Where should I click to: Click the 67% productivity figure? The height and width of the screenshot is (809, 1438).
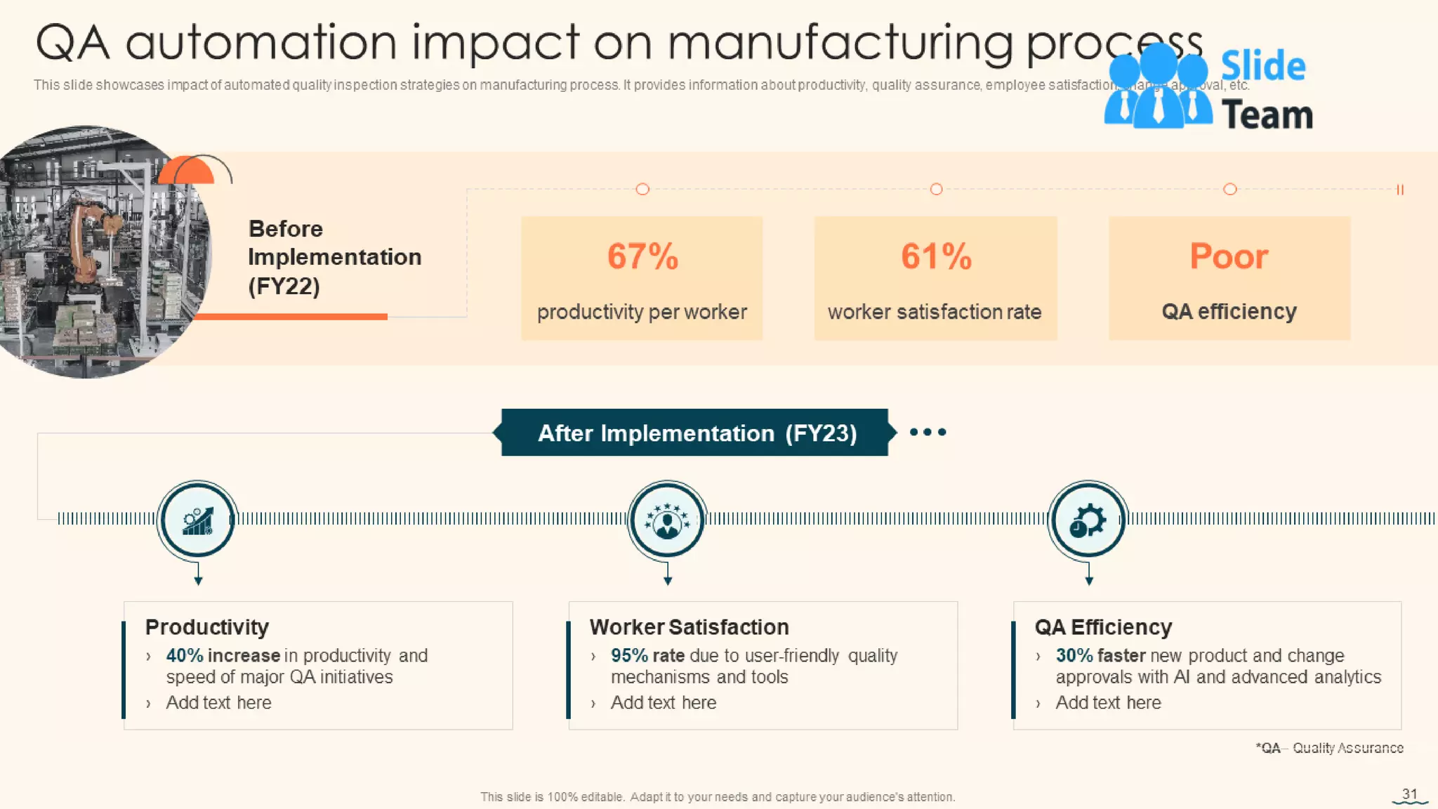642,256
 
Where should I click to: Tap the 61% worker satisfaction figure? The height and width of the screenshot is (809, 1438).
936,256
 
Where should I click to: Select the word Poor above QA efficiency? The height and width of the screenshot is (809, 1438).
1229,256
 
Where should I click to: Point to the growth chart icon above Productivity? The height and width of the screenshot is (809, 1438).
197,520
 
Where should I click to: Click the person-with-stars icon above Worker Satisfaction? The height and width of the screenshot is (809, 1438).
667,520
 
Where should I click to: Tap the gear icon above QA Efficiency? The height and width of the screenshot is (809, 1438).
1088,520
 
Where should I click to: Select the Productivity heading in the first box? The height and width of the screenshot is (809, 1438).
207,626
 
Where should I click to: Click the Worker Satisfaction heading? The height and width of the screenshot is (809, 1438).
689,626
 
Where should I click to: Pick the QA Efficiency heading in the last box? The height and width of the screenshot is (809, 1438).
1103,626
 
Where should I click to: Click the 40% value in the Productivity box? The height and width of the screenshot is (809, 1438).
184,655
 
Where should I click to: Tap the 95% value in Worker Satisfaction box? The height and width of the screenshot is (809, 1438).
629,655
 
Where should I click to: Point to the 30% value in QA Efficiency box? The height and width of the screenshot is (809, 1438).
1074,655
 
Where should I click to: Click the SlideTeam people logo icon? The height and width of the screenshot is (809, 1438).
1157,88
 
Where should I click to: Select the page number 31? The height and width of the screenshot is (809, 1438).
1409,794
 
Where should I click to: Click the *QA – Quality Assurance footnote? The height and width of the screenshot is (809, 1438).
1329,748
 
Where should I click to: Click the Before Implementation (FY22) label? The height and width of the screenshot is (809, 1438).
334,257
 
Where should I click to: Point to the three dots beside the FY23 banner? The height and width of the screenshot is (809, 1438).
928,432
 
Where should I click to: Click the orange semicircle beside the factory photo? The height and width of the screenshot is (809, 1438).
186,171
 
